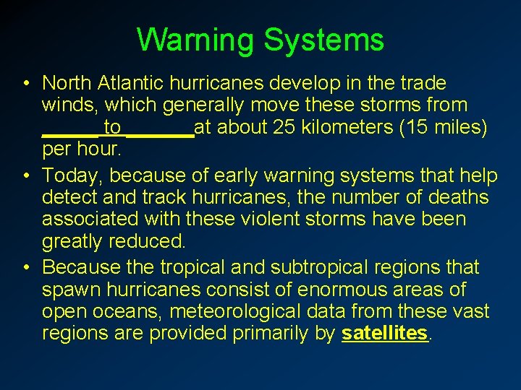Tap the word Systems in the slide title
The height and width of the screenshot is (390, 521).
click(x=323, y=40)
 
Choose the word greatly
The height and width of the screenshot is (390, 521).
click(x=71, y=240)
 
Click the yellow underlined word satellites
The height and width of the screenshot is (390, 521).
click(x=385, y=334)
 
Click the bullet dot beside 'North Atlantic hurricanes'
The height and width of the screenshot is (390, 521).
click(x=25, y=84)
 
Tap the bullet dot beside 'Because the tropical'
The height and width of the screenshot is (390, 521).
click(x=25, y=268)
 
